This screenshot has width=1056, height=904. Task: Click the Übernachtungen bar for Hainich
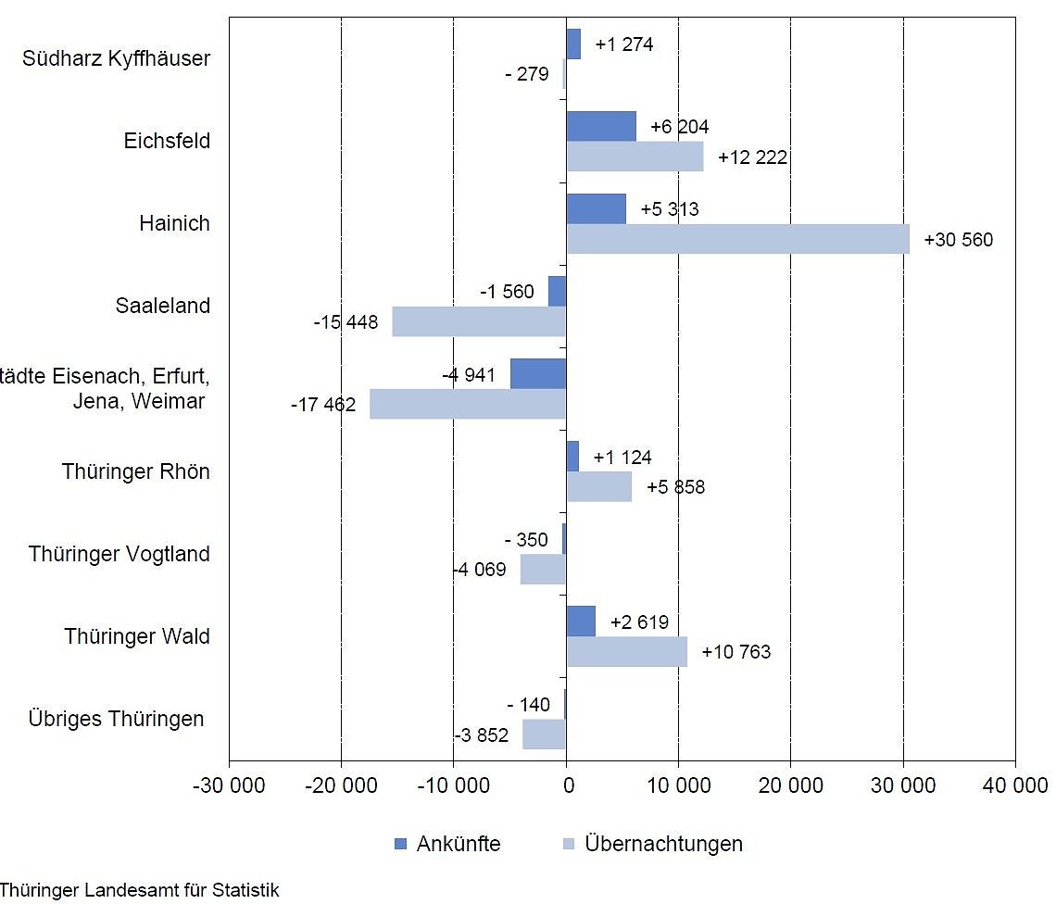737,239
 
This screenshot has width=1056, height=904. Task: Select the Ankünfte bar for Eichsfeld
601,126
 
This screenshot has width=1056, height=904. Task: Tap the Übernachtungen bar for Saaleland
479,321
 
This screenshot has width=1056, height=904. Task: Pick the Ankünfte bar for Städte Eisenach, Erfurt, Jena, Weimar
538,373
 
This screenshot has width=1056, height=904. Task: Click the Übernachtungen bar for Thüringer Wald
627,651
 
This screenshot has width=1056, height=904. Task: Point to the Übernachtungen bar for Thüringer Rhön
599,486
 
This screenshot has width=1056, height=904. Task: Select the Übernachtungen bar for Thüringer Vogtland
543,569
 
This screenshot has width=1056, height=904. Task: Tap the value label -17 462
323,405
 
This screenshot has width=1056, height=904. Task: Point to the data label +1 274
624,44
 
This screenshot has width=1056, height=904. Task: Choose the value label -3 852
482,735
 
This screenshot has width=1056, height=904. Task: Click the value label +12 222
752,157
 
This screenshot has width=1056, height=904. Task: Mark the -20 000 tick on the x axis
341,786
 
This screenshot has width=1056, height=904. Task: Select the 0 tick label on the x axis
566,786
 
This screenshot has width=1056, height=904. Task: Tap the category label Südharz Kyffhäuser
116,58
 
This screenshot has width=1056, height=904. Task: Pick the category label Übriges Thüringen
116,719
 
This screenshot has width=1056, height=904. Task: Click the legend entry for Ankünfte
447,844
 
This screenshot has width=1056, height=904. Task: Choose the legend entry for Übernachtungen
652,844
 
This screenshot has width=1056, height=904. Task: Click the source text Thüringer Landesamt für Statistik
139,891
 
